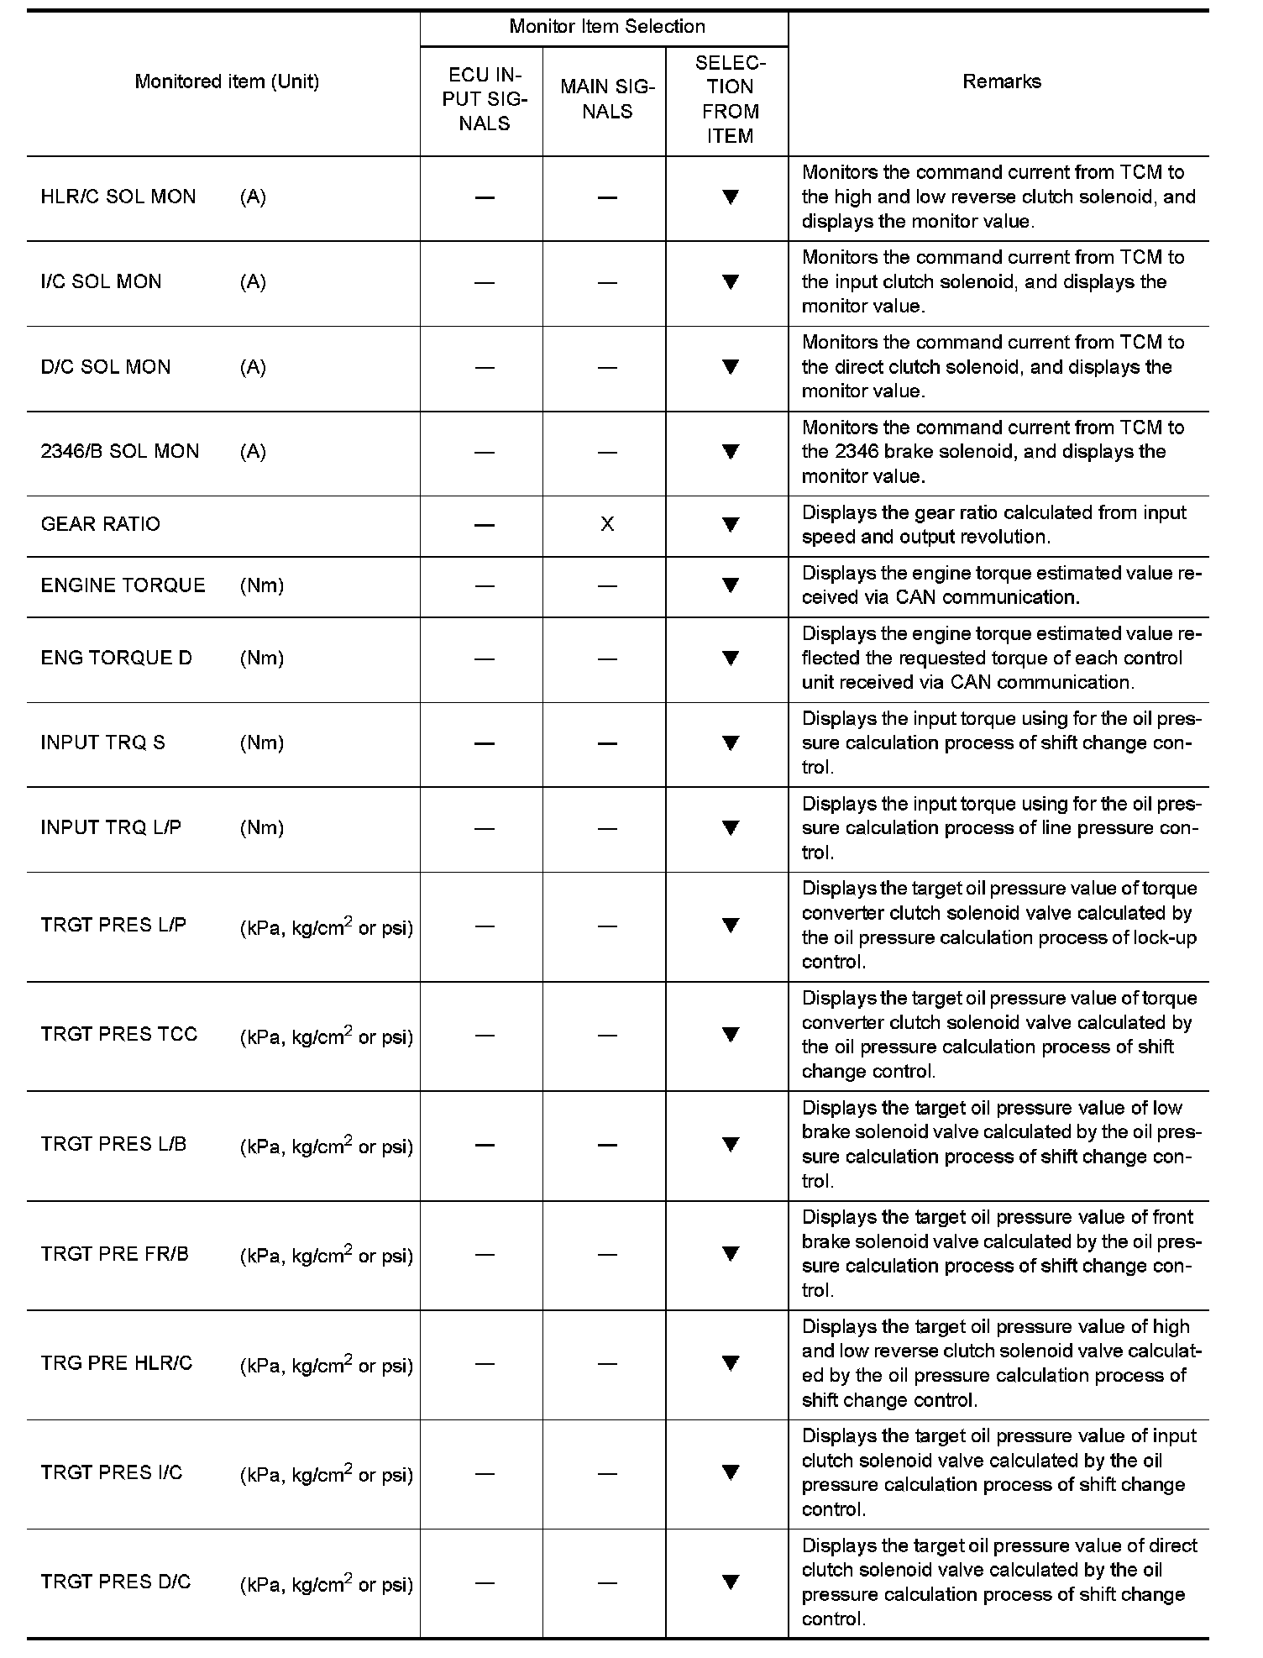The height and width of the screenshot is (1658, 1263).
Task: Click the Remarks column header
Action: point(1001,81)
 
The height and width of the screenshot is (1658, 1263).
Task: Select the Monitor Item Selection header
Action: point(606,27)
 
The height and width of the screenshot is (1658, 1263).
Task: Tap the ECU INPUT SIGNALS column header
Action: point(485,99)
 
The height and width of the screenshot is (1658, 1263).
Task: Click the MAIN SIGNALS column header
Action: point(606,99)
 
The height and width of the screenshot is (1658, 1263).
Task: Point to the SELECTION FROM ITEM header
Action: point(730,99)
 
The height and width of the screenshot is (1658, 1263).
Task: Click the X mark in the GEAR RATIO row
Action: point(607,525)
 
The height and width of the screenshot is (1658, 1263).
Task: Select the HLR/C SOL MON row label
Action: point(118,197)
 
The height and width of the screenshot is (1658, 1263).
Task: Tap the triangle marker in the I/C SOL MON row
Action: point(730,282)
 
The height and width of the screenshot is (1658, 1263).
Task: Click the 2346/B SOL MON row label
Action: point(120,452)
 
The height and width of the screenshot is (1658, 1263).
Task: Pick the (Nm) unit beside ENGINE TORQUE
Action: point(262,586)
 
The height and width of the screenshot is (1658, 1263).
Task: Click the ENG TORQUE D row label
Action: point(117,658)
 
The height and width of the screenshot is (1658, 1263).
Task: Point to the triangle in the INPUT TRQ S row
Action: point(730,742)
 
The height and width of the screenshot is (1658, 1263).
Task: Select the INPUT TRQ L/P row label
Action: point(111,828)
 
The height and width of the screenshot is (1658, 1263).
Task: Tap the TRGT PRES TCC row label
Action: point(119,1035)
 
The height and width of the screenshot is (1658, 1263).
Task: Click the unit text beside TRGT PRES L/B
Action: point(327,1146)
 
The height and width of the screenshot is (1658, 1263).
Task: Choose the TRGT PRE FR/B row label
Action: point(115,1255)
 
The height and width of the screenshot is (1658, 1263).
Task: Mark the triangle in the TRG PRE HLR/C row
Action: point(730,1363)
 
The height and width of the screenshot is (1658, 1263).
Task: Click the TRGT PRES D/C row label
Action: point(116,1582)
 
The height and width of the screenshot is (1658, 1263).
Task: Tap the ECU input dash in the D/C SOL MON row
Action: point(485,367)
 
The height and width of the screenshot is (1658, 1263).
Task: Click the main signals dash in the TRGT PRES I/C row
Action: point(607,1473)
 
